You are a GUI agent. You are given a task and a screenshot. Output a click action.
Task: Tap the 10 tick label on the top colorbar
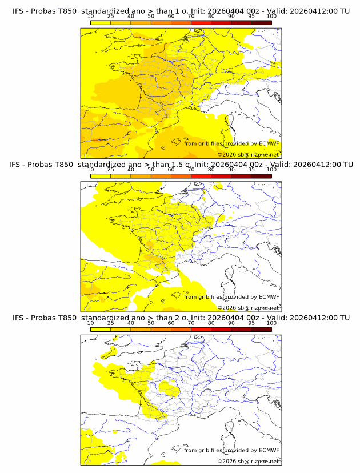point(91,16)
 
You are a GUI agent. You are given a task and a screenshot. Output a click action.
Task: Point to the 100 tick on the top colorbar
point(271,16)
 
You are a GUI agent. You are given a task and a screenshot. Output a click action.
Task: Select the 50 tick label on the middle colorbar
point(151,170)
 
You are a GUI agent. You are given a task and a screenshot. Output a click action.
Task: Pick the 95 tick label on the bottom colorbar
point(251,323)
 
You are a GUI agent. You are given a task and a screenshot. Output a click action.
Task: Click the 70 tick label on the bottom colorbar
point(191,323)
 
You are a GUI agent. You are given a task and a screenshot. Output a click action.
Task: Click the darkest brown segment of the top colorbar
point(261,22)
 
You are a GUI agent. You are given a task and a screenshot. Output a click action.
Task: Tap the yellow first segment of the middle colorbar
point(101,176)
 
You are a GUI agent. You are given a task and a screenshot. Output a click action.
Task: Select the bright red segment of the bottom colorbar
point(201,329)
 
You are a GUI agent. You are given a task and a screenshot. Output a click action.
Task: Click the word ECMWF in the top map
point(269,143)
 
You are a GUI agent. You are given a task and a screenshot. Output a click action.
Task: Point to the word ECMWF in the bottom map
point(269,450)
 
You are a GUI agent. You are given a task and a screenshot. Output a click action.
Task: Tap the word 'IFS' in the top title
point(19,11)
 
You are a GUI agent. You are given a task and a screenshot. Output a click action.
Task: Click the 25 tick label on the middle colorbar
point(111,170)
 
